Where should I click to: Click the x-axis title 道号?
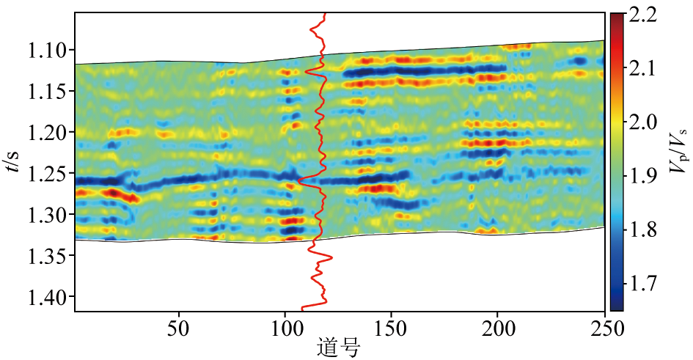[x=338, y=346]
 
